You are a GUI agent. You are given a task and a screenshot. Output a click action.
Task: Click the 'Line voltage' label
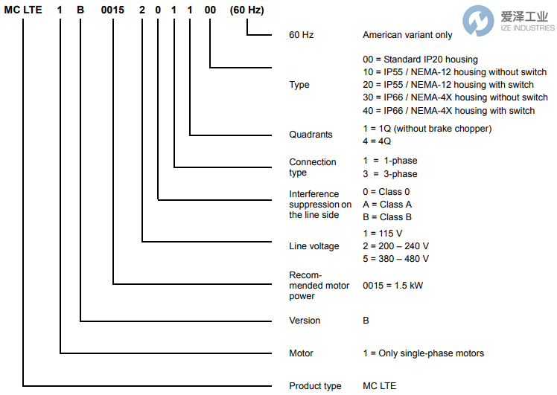(x=313, y=246)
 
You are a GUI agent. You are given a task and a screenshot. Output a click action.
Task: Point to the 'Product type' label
(x=315, y=386)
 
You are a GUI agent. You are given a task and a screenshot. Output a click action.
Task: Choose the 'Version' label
(x=305, y=321)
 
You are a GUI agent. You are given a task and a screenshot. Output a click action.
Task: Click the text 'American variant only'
(x=407, y=35)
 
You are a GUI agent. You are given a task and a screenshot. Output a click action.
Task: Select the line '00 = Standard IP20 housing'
(x=420, y=60)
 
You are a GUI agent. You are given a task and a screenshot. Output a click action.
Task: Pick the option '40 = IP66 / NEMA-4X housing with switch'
(x=448, y=111)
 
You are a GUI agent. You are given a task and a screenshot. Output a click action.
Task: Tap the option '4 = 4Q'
(x=377, y=141)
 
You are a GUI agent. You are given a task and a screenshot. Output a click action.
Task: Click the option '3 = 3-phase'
(x=389, y=174)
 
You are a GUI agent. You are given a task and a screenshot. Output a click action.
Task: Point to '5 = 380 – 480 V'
(x=395, y=259)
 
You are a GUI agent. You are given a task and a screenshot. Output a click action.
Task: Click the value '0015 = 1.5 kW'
(x=393, y=286)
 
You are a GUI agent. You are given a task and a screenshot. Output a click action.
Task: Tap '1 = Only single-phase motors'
(x=423, y=353)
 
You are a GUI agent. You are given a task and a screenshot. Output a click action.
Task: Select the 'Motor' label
(x=301, y=353)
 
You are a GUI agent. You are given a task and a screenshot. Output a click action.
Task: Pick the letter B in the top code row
(x=80, y=8)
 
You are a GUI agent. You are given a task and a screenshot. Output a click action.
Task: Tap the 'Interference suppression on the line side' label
(x=320, y=205)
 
